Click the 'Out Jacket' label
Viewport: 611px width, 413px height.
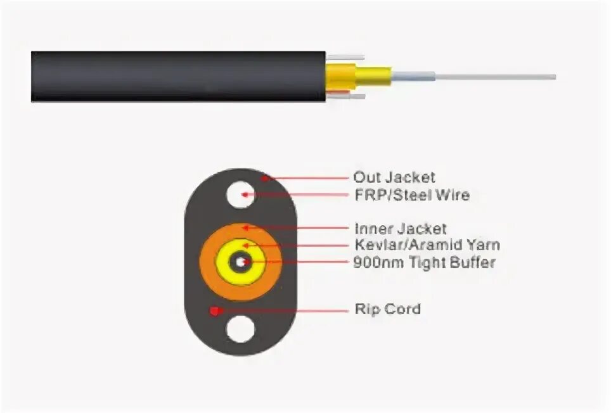pyautogui.click(x=394, y=178)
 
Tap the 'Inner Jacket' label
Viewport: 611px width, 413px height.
pyautogui.click(x=400, y=229)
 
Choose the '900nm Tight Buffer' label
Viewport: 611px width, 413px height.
pyautogui.click(x=424, y=262)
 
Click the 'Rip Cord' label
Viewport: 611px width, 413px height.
pyautogui.click(x=387, y=310)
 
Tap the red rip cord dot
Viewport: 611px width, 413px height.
pyautogui.click(x=215, y=311)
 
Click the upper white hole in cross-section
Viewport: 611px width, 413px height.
pyautogui.click(x=240, y=194)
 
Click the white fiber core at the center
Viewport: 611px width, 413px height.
pyautogui.click(x=241, y=261)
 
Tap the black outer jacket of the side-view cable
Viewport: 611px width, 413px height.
pyautogui.click(x=177, y=77)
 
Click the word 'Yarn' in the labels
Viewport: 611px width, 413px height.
pyautogui.click(x=484, y=245)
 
